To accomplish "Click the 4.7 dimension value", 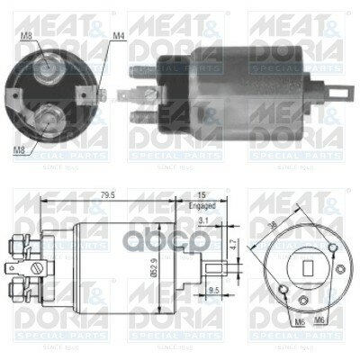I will click(232, 244).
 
